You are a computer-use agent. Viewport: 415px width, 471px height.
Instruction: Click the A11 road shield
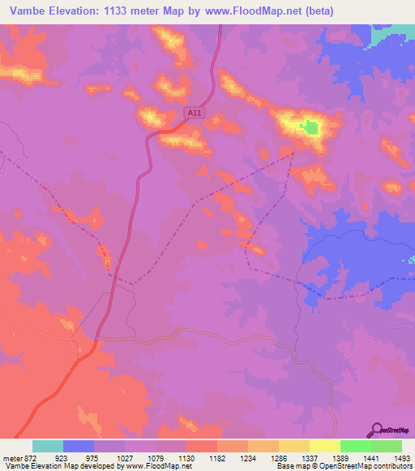point(193,114)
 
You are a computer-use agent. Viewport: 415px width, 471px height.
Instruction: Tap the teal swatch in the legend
point(48,446)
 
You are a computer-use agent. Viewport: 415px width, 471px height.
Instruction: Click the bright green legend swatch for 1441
point(355,446)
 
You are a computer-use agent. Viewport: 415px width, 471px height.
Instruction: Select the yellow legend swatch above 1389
point(324,446)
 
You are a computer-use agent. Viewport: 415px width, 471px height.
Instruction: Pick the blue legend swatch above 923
point(79,446)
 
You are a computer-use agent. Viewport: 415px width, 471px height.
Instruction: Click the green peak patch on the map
point(310,127)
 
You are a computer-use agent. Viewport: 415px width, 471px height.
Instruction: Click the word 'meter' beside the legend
point(12,457)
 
